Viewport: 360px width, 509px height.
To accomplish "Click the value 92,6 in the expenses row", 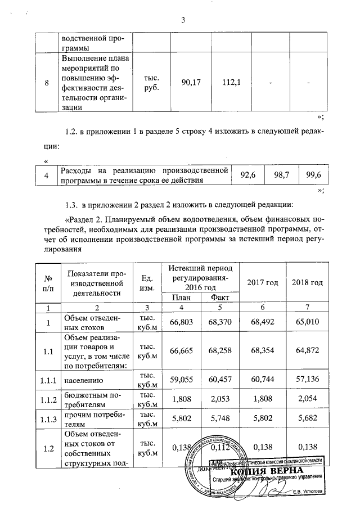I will tap(248, 175).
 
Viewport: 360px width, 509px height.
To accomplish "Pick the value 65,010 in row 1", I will tap(308, 322).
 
